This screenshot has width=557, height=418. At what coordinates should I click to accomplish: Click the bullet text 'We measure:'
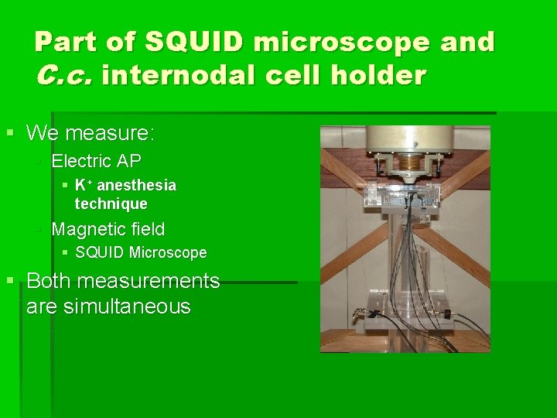pos(91,133)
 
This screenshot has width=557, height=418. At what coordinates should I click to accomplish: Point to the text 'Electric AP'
pos(96,161)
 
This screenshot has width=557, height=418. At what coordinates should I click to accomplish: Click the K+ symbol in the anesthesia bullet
pos(84,186)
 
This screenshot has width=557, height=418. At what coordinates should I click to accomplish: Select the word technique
pos(111,204)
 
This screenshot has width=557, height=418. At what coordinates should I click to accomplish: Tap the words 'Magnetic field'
pos(108,228)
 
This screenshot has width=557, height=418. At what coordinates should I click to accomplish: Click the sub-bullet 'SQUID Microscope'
pos(141,252)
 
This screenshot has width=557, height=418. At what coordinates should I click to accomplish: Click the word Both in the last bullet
pos(50,280)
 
